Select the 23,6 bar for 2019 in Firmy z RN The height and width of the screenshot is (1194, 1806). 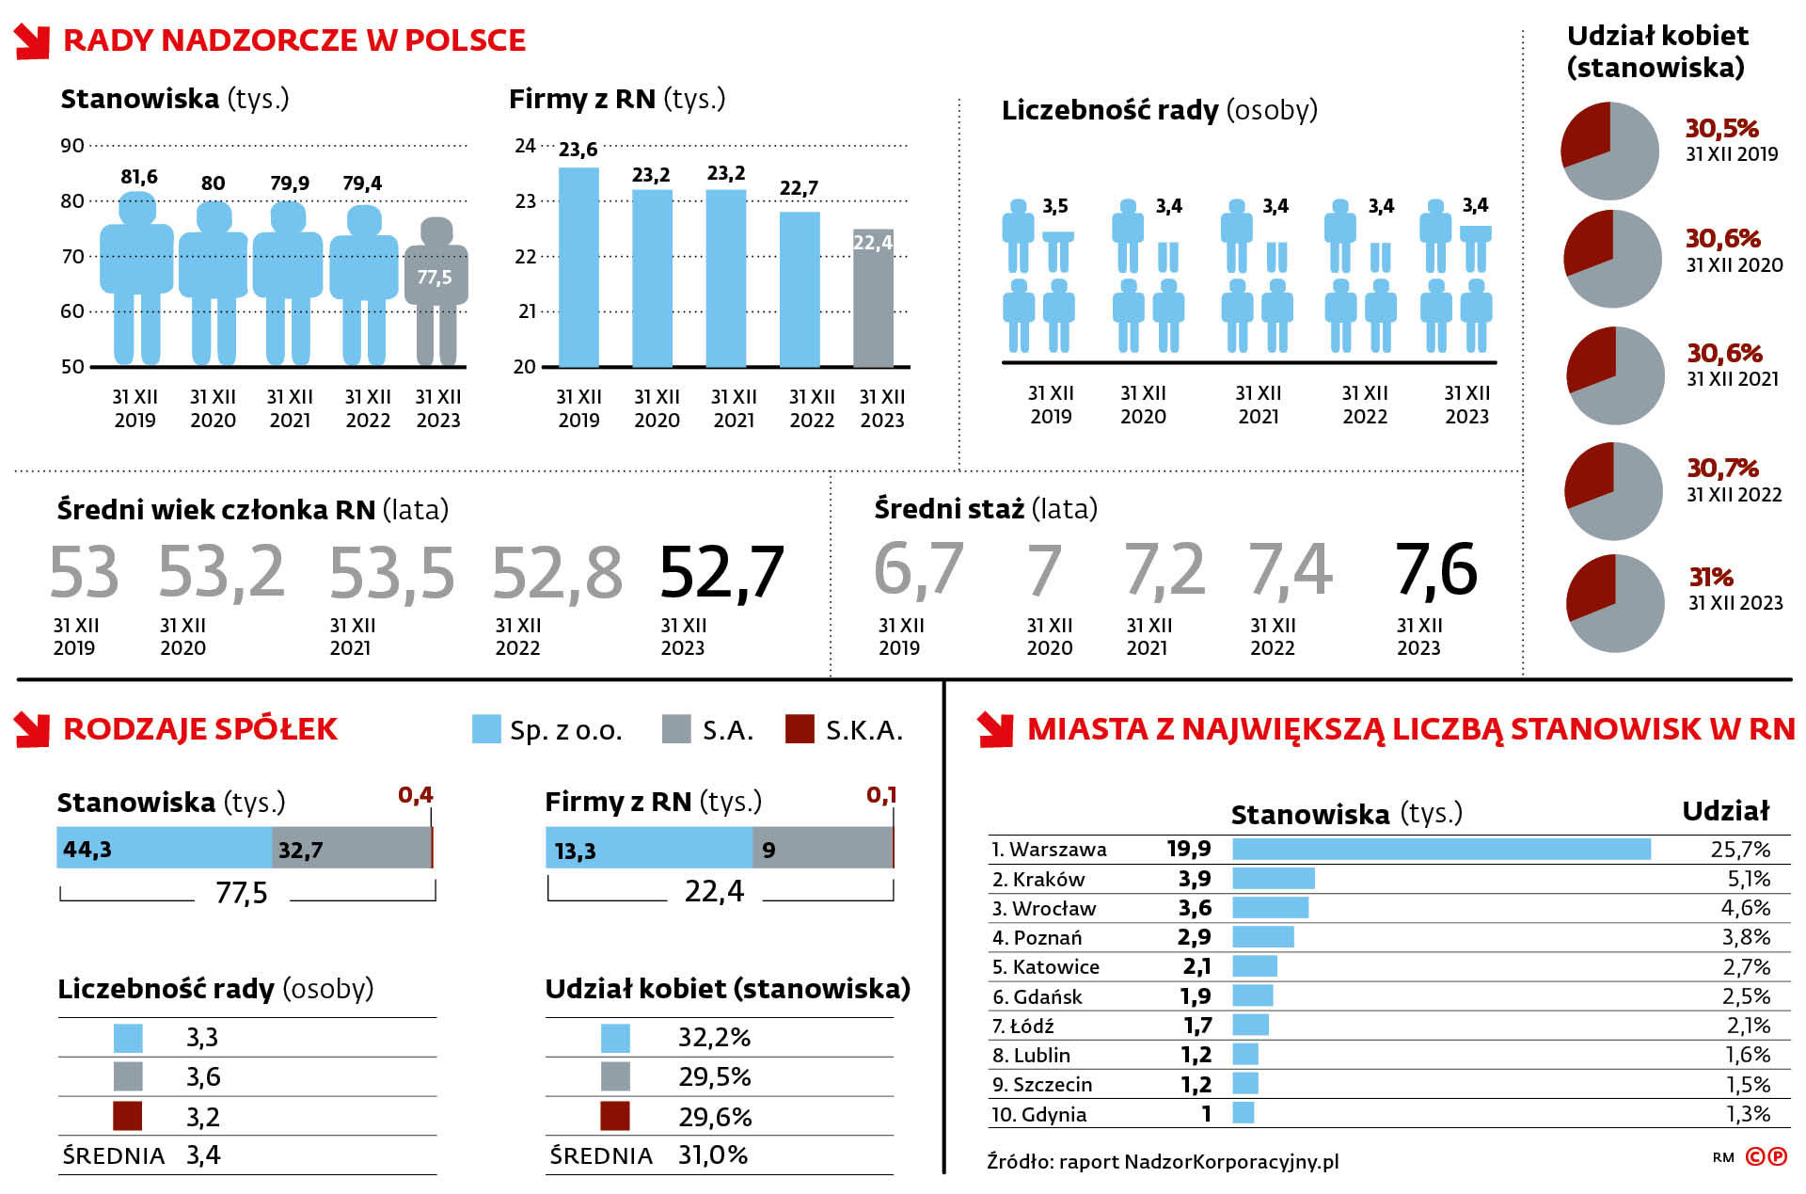coord(578,268)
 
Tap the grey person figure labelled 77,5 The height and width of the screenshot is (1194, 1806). coord(436,282)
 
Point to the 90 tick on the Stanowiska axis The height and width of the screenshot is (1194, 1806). coord(72,146)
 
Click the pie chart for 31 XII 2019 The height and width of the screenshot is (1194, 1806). coord(1609,151)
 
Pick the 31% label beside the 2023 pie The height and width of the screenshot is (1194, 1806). coord(1711,577)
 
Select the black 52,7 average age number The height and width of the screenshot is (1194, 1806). coord(721,572)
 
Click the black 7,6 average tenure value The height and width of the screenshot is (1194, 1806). coord(1436,570)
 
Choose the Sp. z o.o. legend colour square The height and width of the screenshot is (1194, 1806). coord(486,729)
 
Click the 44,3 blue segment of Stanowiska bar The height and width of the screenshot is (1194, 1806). coord(165,848)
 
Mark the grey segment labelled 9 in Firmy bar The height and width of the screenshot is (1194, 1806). coord(822,848)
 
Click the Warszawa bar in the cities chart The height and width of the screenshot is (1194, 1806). coord(1441,849)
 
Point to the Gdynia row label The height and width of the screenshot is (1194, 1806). coord(1039,1115)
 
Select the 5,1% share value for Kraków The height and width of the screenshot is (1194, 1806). coord(1748,879)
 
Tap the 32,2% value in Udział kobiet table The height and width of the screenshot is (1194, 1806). coord(714,1038)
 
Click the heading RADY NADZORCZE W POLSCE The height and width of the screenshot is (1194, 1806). coord(294,40)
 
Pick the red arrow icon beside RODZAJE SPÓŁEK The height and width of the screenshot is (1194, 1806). coord(32,730)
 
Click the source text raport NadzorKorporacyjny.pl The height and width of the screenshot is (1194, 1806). coord(1198,1162)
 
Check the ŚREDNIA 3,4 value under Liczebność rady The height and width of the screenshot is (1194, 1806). coord(203,1155)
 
